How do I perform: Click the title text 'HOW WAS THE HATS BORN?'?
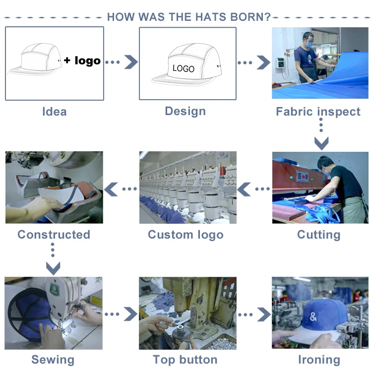(189, 17)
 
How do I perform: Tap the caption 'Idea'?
(55, 112)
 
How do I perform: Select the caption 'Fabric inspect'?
(318, 112)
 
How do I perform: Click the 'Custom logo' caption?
(186, 235)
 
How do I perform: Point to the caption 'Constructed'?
(54, 235)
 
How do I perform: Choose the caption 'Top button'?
(185, 360)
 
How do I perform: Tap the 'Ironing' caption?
(319, 360)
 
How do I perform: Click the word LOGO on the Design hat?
(184, 68)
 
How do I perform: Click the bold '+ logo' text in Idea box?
(82, 61)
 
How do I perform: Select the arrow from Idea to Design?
(122, 62)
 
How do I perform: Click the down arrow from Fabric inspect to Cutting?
(321, 136)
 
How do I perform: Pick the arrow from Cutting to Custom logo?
(253, 189)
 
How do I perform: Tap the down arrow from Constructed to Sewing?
(53, 259)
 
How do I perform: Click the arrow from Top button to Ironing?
(254, 314)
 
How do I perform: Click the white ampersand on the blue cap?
(313, 316)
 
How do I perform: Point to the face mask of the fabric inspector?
(309, 44)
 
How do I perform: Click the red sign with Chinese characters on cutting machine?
(303, 177)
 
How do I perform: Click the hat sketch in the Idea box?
(35, 59)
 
